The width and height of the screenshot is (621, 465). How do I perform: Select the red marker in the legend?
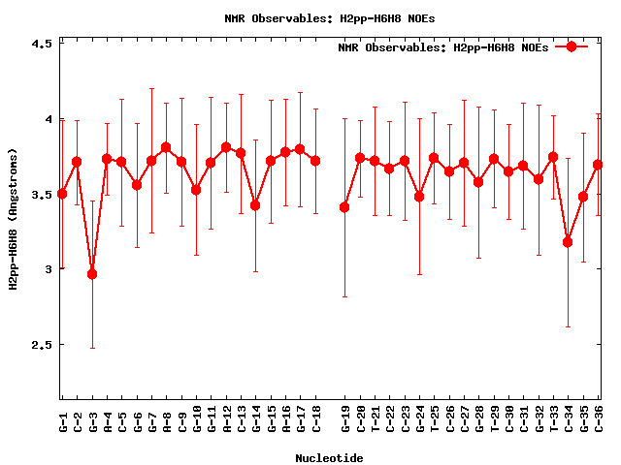(x=572, y=46)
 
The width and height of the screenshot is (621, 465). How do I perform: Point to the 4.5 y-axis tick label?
(x=39, y=44)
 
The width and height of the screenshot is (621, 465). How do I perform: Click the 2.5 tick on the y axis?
(x=39, y=344)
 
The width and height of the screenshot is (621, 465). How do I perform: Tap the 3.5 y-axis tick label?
(x=39, y=194)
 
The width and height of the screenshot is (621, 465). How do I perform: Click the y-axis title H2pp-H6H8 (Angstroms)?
(x=13, y=218)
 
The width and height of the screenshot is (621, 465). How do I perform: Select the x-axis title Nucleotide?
(x=330, y=458)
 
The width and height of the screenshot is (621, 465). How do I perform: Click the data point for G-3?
(x=92, y=274)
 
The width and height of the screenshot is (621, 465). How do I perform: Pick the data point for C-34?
(x=568, y=242)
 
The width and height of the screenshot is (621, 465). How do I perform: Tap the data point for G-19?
(x=344, y=207)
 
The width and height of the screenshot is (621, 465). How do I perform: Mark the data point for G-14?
(x=255, y=205)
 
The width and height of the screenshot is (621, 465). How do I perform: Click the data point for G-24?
(x=419, y=197)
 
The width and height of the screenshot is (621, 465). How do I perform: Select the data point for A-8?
(x=166, y=147)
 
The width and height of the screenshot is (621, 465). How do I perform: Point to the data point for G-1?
(x=62, y=194)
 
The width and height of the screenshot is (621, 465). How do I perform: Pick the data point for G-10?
(x=196, y=190)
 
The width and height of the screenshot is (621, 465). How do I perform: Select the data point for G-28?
(x=478, y=182)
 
